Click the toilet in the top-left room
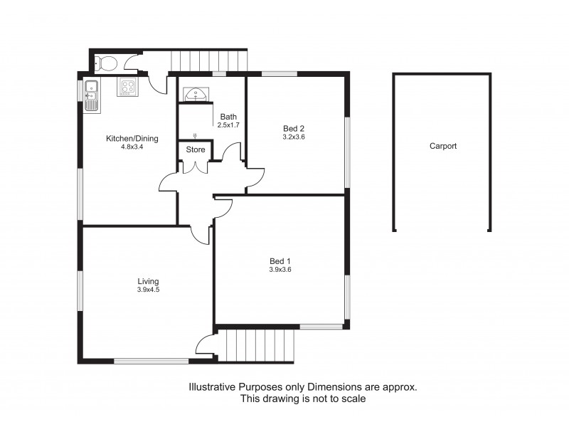pyautogui.click(x=106, y=63)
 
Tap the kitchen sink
pyautogui.click(x=90, y=95)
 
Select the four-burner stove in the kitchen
pyautogui.click(x=128, y=86)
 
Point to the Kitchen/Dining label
pyautogui.click(x=132, y=139)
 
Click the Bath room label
pyautogui.click(x=228, y=117)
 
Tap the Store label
pyautogui.click(x=196, y=150)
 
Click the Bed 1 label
pyautogui.click(x=280, y=260)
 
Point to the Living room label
pyautogui.click(x=148, y=281)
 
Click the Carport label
pyautogui.click(x=442, y=146)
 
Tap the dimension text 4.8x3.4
pyautogui.click(x=132, y=147)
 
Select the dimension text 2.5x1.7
pyautogui.click(x=228, y=125)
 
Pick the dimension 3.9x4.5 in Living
pyautogui.click(x=148, y=290)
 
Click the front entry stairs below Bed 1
pyautogui.click(x=260, y=347)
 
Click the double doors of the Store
pyautogui.click(x=195, y=167)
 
